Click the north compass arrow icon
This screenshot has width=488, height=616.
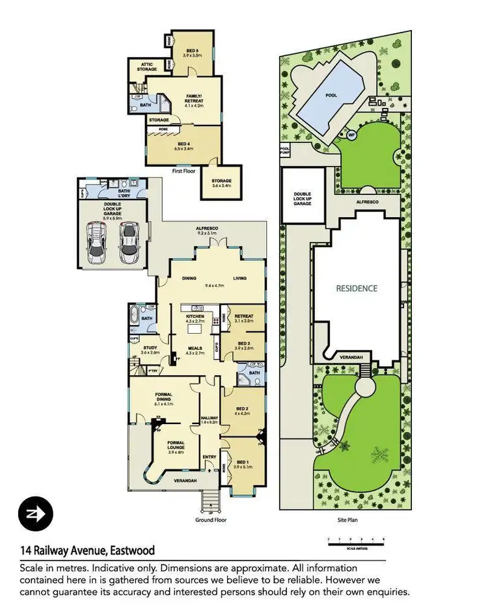coord(36,514)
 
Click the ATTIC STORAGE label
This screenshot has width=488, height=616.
coord(142,67)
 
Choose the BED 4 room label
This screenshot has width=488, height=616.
coord(183,146)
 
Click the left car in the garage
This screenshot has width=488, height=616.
coord(98,242)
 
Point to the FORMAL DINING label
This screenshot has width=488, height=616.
coord(163,399)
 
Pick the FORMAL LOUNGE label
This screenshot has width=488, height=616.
coord(176,446)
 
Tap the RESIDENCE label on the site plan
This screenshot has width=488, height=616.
coord(357,288)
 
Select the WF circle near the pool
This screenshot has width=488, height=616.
coord(352,135)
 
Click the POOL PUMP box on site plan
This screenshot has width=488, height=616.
coord(284,150)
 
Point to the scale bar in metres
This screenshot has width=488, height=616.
coord(357,540)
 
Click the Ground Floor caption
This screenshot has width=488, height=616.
coord(210,520)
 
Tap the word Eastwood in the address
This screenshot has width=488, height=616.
coord(131,551)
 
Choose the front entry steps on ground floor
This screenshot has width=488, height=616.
coord(210,501)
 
